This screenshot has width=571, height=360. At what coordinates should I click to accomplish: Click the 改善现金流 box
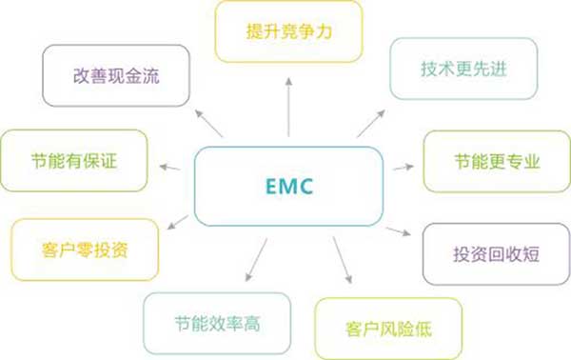click(115, 74)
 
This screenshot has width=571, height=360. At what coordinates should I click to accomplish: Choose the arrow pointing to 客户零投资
click(178, 223)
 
